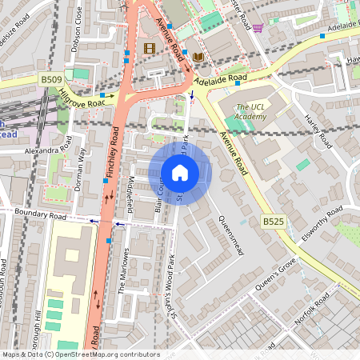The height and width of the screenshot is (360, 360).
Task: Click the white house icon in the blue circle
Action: pos(180,173)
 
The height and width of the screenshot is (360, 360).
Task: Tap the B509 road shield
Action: pos(50,79)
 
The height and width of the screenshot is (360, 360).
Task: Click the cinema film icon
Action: pos(149,48)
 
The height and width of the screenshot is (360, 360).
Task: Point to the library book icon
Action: pos(198,57)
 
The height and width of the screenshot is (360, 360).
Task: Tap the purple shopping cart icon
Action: pos(258,27)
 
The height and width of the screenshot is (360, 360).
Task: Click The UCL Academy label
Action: pos(250,111)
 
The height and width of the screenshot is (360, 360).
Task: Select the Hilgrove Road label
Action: pos(82,98)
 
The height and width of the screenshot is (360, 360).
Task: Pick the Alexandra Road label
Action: pos(49,150)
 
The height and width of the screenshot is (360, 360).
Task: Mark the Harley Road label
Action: pos(318,130)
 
